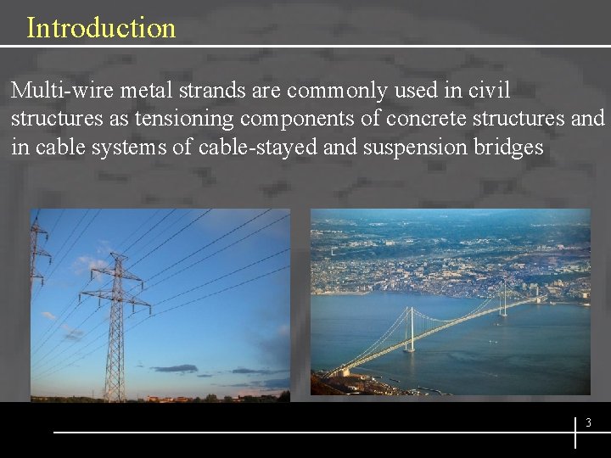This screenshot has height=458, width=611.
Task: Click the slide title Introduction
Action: (x=101, y=28)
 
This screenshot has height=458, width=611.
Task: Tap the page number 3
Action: (x=587, y=422)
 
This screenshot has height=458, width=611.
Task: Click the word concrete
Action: (x=421, y=119)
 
